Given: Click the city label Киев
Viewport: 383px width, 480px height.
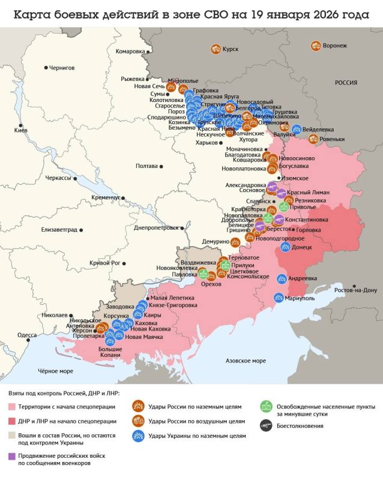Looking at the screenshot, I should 20,130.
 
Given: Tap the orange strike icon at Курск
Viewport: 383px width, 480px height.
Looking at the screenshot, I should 215,49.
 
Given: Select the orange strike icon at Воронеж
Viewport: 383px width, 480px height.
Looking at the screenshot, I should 315,46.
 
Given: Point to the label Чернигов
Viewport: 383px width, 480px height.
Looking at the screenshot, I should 62,68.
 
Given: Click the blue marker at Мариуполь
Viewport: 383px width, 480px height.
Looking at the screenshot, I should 279,297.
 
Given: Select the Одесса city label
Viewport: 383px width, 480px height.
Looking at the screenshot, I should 26,335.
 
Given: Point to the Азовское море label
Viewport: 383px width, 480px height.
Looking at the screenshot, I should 245,361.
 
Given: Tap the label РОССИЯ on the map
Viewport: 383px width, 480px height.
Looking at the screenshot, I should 346,83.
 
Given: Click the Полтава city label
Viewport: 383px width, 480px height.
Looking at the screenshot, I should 148,166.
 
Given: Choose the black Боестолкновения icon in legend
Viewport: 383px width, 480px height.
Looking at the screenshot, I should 265,426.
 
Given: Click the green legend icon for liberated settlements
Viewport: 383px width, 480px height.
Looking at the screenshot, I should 265,407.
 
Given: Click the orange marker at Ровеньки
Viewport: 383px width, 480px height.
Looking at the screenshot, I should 313,139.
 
